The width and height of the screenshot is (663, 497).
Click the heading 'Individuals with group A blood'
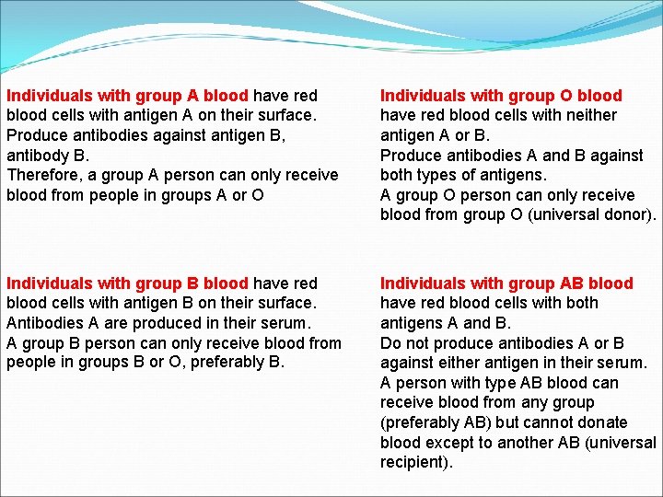127,96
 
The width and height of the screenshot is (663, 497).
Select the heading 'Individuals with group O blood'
501,96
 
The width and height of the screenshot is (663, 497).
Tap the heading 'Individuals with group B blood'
127,283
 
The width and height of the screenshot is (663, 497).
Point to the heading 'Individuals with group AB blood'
506,283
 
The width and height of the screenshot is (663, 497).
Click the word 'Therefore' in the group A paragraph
41,175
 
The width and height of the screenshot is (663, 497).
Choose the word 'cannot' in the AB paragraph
543,422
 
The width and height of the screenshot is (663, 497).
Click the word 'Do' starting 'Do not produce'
390,343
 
